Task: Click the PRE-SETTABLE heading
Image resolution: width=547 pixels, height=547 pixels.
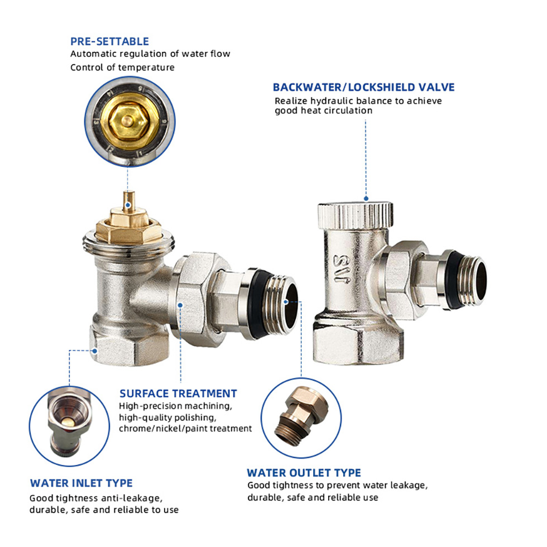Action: pos(109,41)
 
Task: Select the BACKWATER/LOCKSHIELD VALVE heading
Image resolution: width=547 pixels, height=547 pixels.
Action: pos(363,87)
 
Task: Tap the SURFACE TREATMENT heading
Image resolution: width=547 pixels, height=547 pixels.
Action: pos(178,394)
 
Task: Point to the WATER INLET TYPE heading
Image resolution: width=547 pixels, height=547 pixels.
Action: pos(81,483)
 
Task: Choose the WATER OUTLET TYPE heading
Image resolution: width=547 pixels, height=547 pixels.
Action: pos(304,473)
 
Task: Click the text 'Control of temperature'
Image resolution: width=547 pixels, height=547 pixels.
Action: pos(122,68)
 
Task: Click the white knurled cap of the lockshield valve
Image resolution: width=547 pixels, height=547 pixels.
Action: pos(355,213)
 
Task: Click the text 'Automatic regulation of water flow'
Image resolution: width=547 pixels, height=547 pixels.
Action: pos(150,54)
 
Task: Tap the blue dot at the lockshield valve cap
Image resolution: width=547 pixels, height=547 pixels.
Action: pos(366,198)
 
